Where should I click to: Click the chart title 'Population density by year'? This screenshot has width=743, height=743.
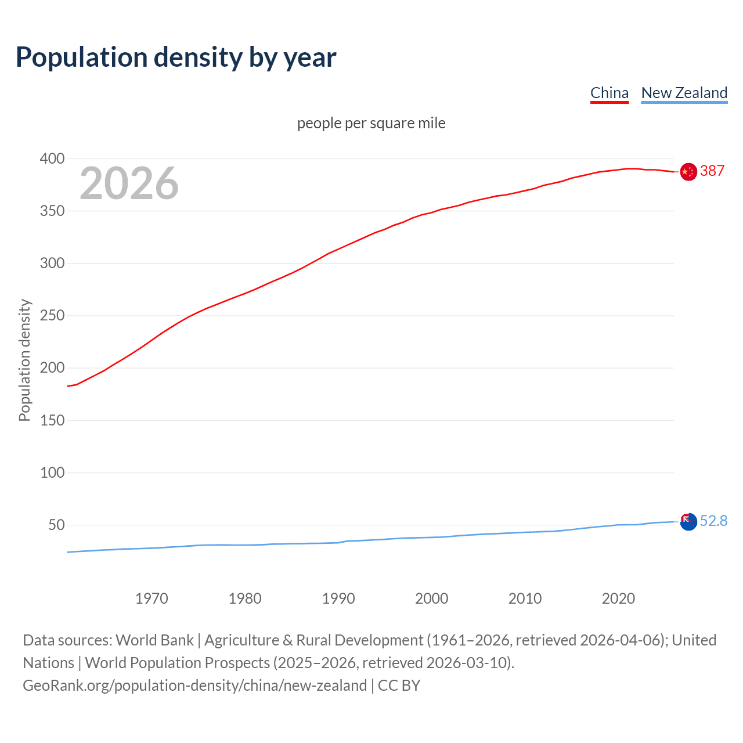tap(176, 57)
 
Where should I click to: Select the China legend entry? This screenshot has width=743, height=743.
tap(609, 93)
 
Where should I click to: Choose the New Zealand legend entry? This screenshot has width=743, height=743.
tap(684, 93)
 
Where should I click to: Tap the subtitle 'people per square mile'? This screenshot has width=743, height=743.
tap(371, 123)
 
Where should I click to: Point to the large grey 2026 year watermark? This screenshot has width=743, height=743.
tap(129, 183)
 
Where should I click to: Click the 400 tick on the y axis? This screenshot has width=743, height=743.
tap(52, 158)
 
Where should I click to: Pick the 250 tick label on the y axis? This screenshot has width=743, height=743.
tap(52, 316)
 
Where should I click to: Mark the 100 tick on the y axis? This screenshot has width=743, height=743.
tap(52, 473)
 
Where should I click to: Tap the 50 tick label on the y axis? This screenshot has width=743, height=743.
tap(56, 525)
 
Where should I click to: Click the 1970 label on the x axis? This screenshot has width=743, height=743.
tap(152, 598)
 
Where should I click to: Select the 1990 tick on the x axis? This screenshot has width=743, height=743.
tap(338, 598)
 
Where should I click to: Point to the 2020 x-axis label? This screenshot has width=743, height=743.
tap(618, 598)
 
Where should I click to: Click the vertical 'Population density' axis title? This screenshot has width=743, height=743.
tap(24, 360)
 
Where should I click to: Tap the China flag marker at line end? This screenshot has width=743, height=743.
tap(688, 172)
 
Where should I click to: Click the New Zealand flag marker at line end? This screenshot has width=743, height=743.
tap(688, 522)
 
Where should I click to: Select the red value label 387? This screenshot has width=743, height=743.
tap(712, 171)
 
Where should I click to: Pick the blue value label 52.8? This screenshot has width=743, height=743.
tap(713, 521)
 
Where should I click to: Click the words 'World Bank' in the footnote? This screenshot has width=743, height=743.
tap(154, 640)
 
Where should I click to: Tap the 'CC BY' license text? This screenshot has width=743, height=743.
tap(399, 685)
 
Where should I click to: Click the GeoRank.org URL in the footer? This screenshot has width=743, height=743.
tap(194, 685)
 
